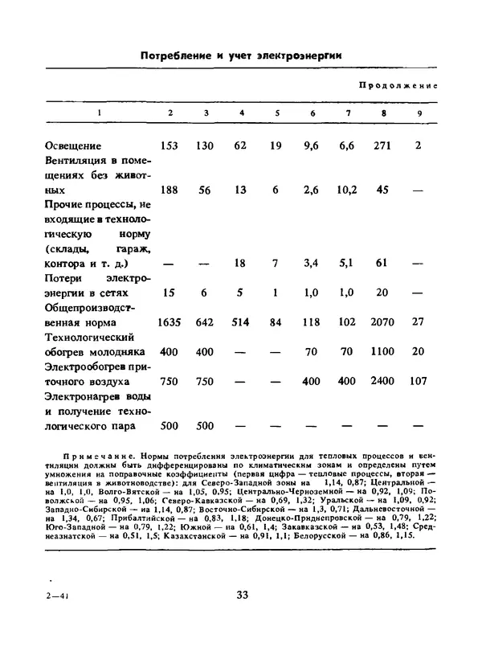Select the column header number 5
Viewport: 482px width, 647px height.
[276, 113]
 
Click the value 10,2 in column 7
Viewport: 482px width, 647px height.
[347, 190]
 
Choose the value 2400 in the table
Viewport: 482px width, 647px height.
[385, 382]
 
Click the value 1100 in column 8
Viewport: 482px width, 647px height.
[385, 352]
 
